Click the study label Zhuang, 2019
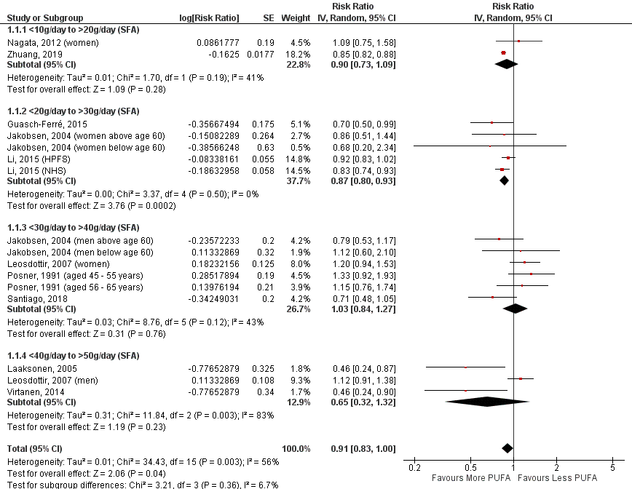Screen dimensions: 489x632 pyautogui.click(x=34, y=54)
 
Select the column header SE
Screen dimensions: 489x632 pyautogui.click(x=268, y=17)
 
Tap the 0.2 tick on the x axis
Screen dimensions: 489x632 pyautogui.click(x=414, y=468)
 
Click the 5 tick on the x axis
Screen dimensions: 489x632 pyautogui.click(x=612, y=468)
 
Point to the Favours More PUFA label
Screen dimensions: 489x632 pyautogui.click(x=468, y=478)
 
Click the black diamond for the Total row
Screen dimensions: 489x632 pyautogui.click(x=507, y=448)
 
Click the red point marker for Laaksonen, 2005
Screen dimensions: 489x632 pyautogui.click(x=465, y=367)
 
